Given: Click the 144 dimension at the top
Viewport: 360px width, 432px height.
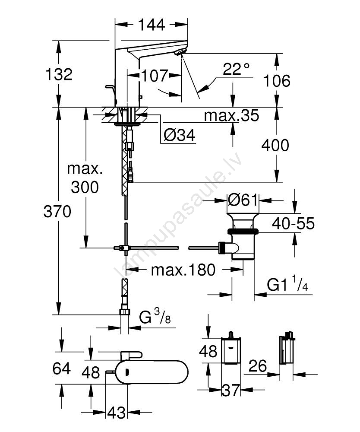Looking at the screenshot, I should tap(152, 25).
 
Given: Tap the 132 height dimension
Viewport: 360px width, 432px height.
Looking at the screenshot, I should tap(59, 74).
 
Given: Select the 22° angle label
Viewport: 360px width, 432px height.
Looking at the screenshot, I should tap(236, 69).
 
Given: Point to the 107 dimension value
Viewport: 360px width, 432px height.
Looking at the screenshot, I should tap(154, 76).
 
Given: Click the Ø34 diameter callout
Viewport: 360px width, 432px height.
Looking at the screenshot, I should tap(180, 136).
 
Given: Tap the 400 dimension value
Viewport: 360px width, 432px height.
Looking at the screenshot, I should tap(275, 145).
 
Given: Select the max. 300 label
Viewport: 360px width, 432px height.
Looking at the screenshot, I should tap(85, 178).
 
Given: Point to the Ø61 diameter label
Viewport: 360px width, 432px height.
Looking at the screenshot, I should tap(243, 200).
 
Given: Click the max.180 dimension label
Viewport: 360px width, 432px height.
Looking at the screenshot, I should tap(183, 270).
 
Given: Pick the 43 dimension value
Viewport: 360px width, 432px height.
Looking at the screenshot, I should tap(116, 413).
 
